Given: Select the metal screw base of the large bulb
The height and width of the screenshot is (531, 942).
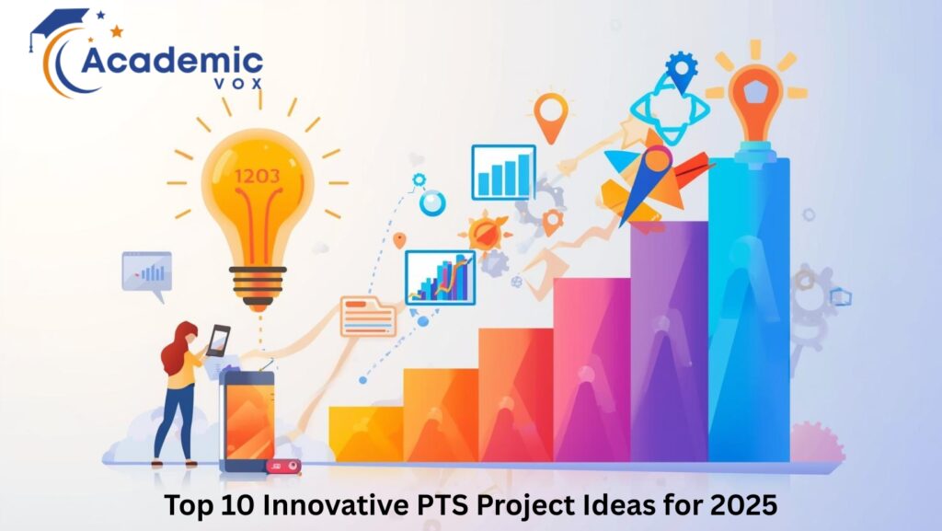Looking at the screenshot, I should pos(257,281).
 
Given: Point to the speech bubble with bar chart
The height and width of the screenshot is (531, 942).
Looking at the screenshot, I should pos(147,273).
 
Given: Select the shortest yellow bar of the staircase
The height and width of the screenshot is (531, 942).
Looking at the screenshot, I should pos(365,433).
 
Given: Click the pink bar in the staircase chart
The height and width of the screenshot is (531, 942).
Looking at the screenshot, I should pos(591,368).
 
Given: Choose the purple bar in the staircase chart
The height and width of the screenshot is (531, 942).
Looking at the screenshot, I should pos(668,341).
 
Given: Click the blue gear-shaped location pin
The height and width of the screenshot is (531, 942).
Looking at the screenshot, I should pos(682,69).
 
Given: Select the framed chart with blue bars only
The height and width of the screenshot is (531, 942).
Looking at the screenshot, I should pos(503,172).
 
